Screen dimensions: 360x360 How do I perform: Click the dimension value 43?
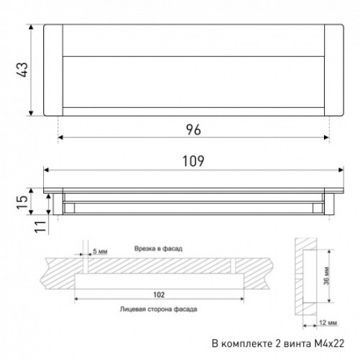[23, 70]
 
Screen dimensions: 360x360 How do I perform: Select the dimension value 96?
[194, 130]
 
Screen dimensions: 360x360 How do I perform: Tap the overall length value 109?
[194, 161]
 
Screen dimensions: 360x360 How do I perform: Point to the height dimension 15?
[22, 202]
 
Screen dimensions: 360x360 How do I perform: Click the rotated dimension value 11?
[41, 226]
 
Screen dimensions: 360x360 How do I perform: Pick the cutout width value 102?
[159, 294]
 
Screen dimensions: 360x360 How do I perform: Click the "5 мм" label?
[100, 251]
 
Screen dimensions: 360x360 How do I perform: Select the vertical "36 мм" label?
[327, 276]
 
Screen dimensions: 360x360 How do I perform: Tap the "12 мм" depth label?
[328, 322]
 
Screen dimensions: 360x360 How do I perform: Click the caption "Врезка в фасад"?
[158, 249]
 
